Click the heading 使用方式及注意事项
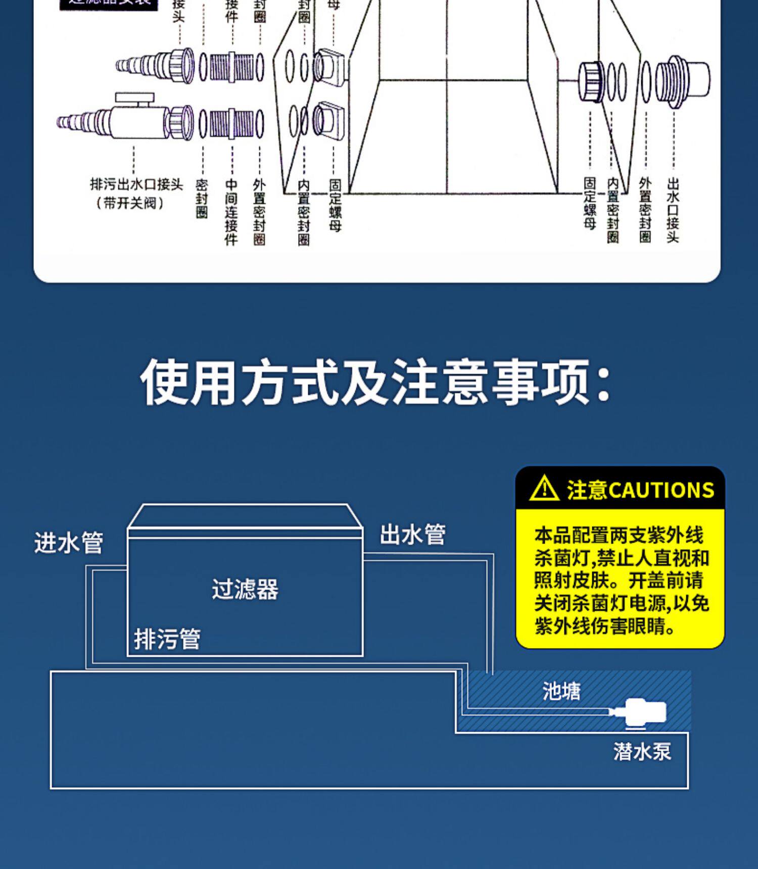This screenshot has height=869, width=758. (375, 382)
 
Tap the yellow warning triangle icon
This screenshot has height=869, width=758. (544, 489)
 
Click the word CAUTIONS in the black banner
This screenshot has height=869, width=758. (661, 490)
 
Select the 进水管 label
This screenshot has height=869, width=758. (69, 543)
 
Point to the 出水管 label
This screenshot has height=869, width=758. (412, 535)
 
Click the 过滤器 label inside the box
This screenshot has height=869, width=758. (245, 589)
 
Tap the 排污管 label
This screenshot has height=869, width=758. (167, 639)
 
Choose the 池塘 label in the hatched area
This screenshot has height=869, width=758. (561, 691)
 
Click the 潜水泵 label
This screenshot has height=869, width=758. (642, 751)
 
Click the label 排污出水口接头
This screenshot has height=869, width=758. (136, 184)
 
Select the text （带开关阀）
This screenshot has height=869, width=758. (130, 203)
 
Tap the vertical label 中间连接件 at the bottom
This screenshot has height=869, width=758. (231, 212)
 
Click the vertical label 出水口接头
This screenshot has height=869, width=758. (673, 210)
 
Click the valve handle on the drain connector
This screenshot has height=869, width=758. (134, 97)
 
